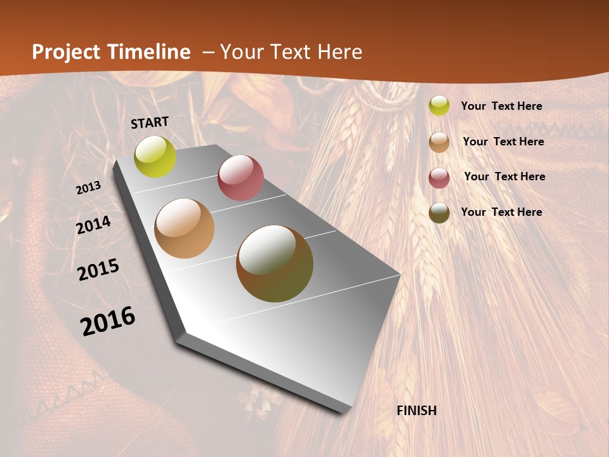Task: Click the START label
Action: coord(150,123)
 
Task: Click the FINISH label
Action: coord(417,411)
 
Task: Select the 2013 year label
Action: coord(88,188)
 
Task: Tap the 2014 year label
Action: coord(93,225)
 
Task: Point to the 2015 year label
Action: coord(98,270)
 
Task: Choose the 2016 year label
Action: coord(108,321)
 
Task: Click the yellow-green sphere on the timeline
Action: coord(155,156)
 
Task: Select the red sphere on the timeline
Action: coord(240,177)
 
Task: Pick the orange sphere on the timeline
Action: coord(185,228)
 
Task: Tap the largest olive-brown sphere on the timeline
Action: coord(275,263)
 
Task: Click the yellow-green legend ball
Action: coord(439,105)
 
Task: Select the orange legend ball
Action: coord(439,142)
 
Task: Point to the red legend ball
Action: coord(439,178)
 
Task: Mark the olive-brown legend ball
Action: coord(439,213)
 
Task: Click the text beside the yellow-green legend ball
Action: coord(501,106)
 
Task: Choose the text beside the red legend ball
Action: coord(504,176)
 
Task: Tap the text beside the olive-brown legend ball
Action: coord(501,212)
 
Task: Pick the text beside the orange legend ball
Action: coord(503,142)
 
